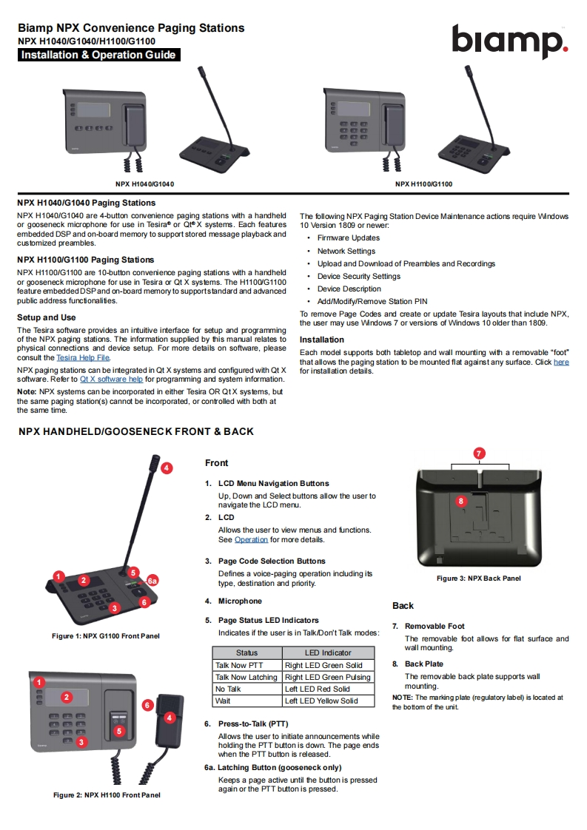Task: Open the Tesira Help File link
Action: point(83,357)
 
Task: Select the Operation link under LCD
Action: point(251,540)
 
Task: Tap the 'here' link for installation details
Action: point(561,362)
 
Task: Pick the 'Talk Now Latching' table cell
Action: point(246,677)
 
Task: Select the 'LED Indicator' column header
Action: point(328,653)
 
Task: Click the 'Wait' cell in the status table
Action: point(223,701)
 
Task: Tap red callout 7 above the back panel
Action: point(479,453)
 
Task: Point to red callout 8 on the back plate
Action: point(460,501)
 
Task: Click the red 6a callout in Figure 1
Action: point(152,581)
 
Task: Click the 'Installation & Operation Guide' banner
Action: point(98,55)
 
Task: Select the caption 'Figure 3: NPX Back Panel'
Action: point(478,578)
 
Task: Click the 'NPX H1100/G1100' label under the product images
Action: point(423,184)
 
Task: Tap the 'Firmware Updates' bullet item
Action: point(348,238)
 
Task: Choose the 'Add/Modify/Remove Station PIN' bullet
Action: point(372,302)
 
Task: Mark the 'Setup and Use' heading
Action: point(47,317)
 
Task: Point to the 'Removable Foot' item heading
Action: point(435,626)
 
